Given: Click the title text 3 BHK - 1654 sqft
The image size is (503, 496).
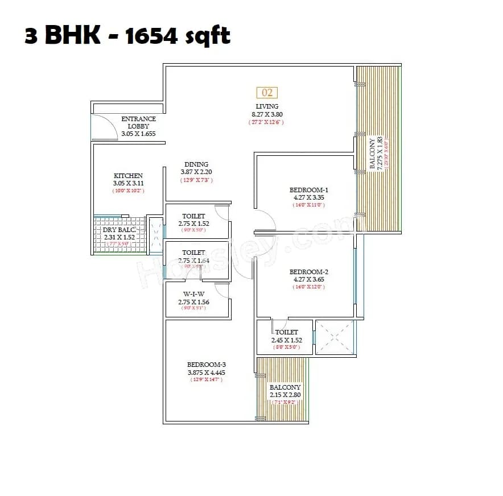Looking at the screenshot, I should (x=127, y=35).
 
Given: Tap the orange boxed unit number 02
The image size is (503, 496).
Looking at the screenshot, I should (x=267, y=92).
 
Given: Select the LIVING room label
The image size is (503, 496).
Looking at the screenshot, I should (x=267, y=106).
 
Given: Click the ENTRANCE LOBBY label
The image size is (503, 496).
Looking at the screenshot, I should (x=138, y=122).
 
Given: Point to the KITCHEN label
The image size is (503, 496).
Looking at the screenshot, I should (x=128, y=176).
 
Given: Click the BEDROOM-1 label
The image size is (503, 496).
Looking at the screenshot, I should (x=308, y=190).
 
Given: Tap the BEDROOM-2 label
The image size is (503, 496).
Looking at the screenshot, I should (x=308, y=272).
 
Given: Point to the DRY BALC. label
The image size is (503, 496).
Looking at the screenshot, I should (x=118, y=230).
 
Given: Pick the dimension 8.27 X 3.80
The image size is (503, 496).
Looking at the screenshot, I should (x=266, y=114).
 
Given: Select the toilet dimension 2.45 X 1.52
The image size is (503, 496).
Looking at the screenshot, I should (x=286, y=340).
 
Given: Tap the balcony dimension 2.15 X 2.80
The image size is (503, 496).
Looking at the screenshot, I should (x=286, y=395).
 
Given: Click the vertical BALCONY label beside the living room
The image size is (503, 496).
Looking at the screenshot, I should (x=373, y=154).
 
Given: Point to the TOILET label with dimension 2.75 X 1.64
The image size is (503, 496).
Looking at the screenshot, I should (x=193, y=253).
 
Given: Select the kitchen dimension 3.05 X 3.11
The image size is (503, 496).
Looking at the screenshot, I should (x=128, y=184).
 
